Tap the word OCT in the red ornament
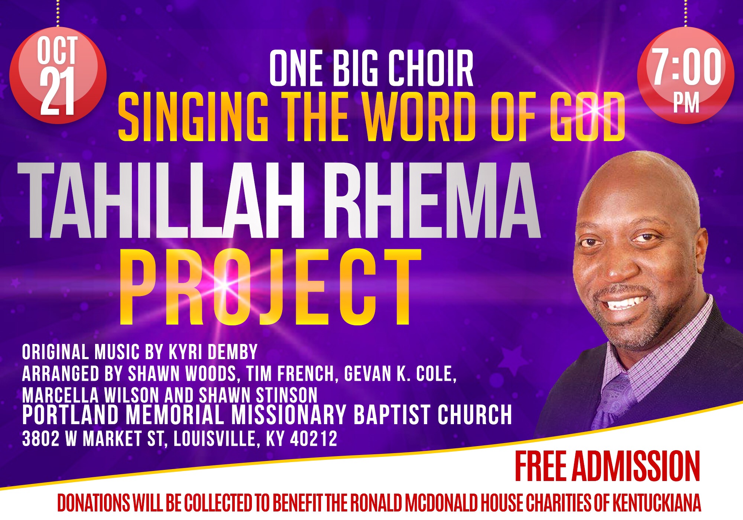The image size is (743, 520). [57, 50]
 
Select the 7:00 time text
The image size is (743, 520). [687, 66]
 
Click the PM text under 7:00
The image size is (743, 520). [686, 103]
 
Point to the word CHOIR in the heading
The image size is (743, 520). [431, 68]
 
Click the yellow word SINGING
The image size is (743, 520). [193, 117]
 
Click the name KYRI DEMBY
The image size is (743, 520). [213, 352]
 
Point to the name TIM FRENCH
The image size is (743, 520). [290, 374]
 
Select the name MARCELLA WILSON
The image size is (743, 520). [91, 395]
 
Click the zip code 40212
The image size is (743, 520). [314, 439]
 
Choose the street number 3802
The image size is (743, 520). [41, 439]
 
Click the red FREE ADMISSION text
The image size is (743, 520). [607, 466]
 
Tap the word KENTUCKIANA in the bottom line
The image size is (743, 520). [656, 503]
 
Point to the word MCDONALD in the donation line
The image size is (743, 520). [441, 503]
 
